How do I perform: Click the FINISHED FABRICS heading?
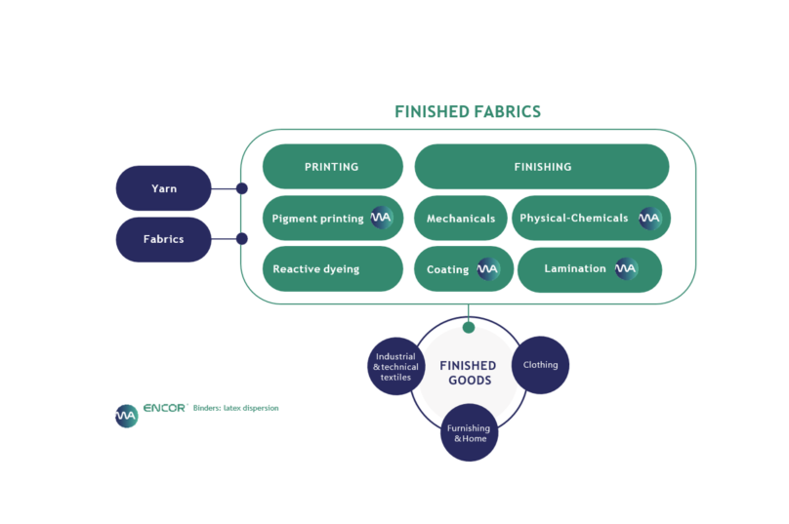click(x=467, y=111)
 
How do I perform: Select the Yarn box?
click(x=164, y=188)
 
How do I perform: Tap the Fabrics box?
click(x=164, y=239)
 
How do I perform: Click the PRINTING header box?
click(x=332, y=167)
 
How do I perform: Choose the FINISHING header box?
click(x=542, y=167)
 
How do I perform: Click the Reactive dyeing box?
click(x=332, y=268)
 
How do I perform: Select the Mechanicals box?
click(x=460, y=219)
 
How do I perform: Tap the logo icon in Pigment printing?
click(x=381, y=219)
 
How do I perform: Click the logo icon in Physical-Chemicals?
click(x=650, y=219)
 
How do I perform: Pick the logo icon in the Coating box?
click(x=488, y=269)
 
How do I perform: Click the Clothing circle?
click(x=540, y=365)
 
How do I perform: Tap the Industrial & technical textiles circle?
click(x=395, y=367)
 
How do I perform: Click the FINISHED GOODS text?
click(x=468, y=373)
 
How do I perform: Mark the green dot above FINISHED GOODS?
click(x=469, y=327)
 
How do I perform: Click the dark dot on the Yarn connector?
click(x=242, y=188)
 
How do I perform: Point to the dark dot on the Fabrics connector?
click(x=242, y=238)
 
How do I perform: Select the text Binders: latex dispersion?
click(x=236, y=408)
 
